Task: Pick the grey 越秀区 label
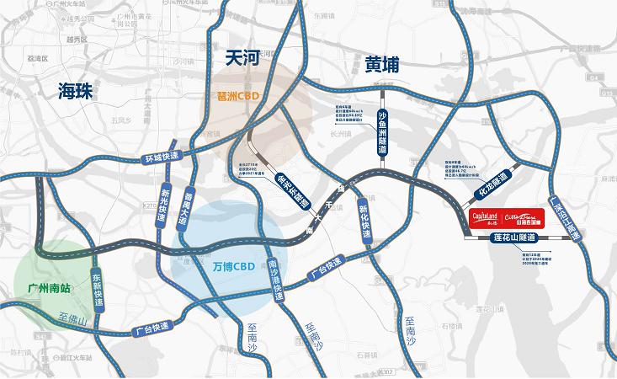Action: (76, 40)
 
